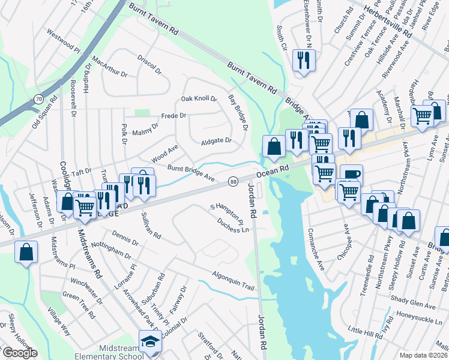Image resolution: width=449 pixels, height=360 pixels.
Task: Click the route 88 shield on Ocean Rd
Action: click(233, 181)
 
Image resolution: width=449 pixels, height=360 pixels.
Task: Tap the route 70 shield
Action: click(38, 98)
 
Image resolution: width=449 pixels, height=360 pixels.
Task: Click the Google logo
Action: click(19, 353)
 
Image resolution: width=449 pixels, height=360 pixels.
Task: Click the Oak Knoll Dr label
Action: click(199, 98)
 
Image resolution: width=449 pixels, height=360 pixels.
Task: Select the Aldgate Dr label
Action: click(216, 141)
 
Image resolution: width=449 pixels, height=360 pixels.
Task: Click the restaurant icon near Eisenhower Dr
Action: click(303, 60)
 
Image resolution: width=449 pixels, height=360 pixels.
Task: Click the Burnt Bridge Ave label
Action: click(191, 173)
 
